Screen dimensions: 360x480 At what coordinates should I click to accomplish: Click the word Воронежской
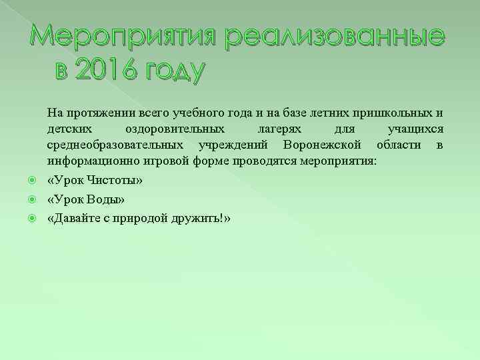323,145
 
